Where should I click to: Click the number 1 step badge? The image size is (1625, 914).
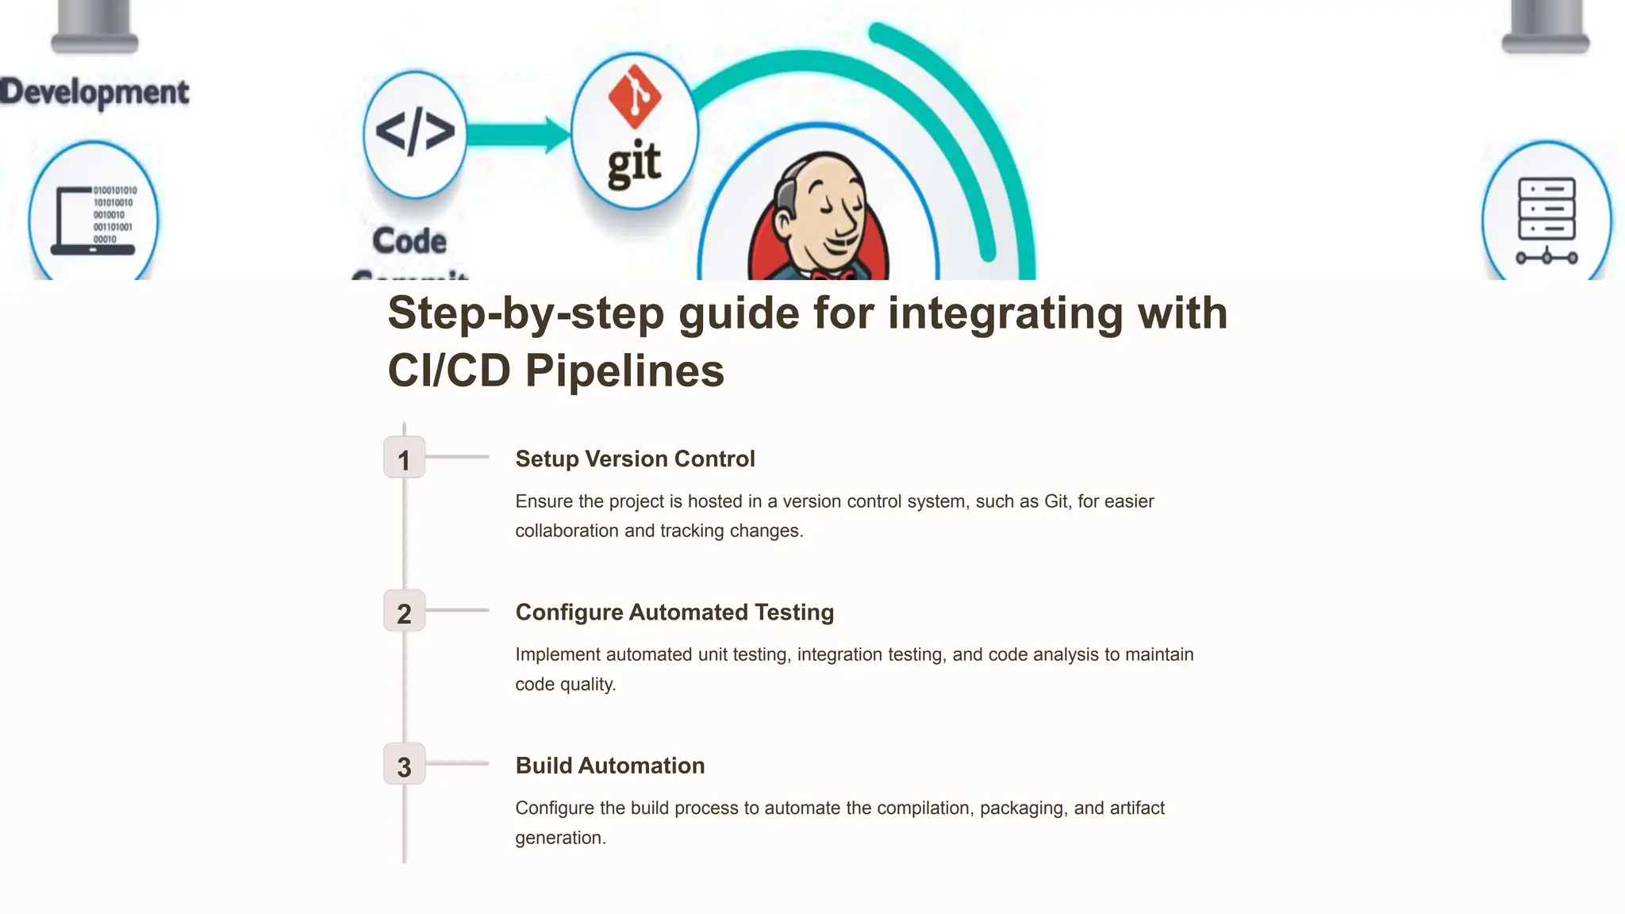coord(404,458)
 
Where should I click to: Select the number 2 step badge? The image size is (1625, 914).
coord(404,611)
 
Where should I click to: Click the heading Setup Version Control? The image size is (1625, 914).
coord(635,459)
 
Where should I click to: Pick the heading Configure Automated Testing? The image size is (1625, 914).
coord(674,612)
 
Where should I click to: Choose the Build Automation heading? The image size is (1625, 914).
coord(609,765)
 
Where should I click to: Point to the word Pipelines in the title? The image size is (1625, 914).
coord(624,371)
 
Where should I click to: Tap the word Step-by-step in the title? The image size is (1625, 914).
coord(525,313)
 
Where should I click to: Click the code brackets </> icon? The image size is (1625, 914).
coord(415,132)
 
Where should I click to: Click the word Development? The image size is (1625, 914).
coord(94,92)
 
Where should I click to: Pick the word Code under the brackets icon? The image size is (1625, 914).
coord(409,240)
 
